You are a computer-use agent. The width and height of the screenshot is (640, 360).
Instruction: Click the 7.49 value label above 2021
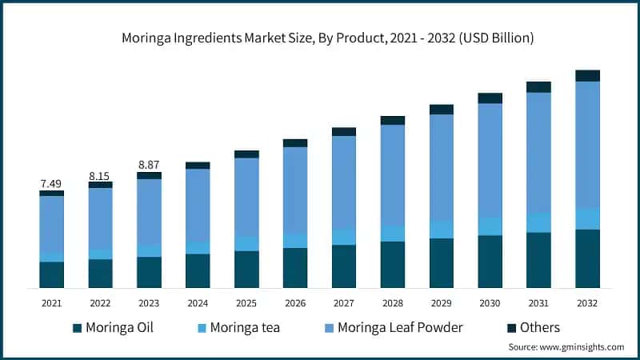click(51, 183)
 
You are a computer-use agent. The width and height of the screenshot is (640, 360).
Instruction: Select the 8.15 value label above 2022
click(100, 174)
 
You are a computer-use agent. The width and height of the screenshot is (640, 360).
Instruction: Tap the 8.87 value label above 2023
click(149, 165)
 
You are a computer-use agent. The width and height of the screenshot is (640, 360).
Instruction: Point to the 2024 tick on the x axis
click(198, 303)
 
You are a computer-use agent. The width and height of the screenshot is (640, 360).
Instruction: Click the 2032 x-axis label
click(587, 303)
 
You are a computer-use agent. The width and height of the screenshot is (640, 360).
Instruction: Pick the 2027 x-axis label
click(344, 303)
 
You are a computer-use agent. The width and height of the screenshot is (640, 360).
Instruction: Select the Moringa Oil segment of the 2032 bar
click(587, 258)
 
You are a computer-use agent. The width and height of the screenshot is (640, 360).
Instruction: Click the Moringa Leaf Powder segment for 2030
click(490, 160)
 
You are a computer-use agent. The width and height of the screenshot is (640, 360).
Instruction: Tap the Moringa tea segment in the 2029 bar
click(441, 230)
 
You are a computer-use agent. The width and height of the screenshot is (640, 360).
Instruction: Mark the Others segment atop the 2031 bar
click(538, 86)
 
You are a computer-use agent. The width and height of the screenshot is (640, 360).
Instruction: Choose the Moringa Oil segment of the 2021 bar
click(51, 274)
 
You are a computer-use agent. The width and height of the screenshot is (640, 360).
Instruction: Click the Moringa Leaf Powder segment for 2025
click(246, 197)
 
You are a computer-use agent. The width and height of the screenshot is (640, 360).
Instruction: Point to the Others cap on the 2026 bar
click(295, 143)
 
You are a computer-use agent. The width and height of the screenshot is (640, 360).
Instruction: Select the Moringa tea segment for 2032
click(587, 218)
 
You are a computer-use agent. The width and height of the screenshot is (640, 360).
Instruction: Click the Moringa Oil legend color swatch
click(77, 328)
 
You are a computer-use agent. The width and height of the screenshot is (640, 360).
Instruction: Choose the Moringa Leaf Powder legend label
click(400, 328)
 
